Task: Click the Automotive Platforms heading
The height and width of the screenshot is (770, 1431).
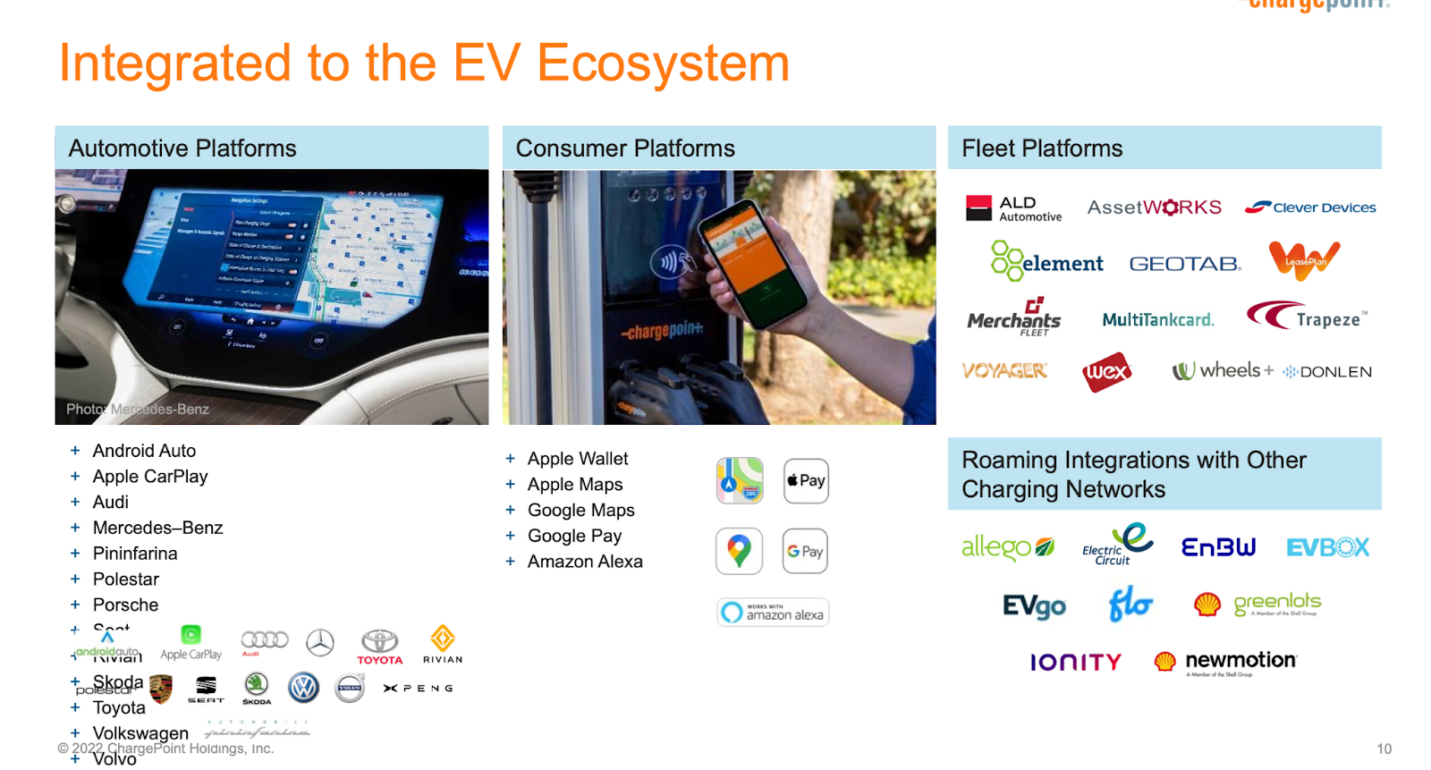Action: point(182,148)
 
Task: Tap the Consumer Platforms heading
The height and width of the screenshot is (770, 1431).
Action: point(625,148)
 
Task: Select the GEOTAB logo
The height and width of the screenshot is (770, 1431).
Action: point(1184,264)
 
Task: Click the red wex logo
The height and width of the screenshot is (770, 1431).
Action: point(1106,373)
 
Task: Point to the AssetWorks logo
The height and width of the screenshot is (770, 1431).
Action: point(1154,207)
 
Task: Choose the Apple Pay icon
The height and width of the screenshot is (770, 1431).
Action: point(806,481)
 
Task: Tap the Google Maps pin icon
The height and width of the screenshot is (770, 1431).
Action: point(739,551)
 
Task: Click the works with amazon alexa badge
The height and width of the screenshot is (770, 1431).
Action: point(773,612)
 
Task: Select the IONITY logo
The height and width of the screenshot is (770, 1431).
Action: point(1075,663)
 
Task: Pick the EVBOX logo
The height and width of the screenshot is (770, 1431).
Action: point(1327,547)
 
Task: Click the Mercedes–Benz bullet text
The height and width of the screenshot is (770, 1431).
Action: point(157,528)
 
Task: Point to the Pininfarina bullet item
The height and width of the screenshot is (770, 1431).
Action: point(135,554)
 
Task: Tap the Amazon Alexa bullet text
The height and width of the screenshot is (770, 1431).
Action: point(585,562)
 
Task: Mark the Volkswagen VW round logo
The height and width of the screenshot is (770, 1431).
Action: point(304,687)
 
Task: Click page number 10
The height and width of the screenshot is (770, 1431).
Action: point(1384,749)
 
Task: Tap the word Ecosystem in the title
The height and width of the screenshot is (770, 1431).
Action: point(663,63)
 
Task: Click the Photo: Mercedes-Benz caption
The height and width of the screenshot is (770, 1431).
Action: point(138,409)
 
